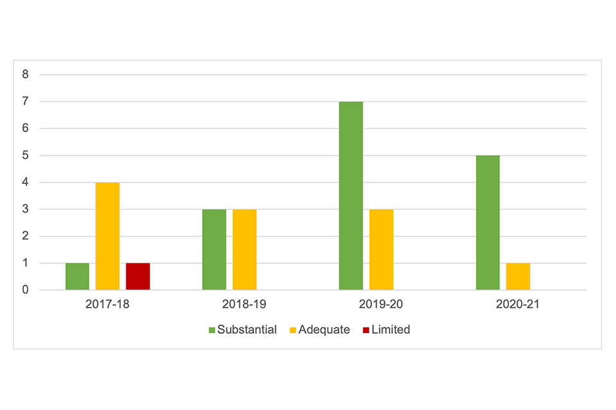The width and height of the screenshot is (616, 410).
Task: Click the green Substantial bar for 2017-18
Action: [77, 277]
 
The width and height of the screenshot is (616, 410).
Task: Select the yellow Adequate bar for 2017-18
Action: [108, 236]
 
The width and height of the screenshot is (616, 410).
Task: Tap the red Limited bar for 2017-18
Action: [138, 277]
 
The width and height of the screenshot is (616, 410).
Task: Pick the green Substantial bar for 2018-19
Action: [214, 250]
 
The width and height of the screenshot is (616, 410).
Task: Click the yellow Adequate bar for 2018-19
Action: [244, 250]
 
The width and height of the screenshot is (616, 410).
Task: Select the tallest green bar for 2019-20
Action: [351, 196]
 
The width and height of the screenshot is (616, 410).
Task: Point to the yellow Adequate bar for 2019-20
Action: [381, 250]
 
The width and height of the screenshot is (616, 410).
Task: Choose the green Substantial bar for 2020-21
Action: [488, 223]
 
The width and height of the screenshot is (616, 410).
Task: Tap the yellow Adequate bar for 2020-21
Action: [518, 277]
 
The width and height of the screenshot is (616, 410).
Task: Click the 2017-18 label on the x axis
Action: [107, 304]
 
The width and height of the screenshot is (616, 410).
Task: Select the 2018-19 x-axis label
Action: [244, 304]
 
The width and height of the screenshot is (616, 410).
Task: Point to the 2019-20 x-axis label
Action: [381, 304]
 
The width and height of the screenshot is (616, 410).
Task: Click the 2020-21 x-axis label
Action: [518, 304]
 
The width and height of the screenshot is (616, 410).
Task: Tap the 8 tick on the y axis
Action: [26, 74]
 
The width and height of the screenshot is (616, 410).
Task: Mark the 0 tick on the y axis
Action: [26, 290]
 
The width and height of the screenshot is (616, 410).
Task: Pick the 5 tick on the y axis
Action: [26, 155]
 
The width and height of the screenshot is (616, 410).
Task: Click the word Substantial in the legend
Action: [247, 330]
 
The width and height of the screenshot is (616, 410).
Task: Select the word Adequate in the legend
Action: [325, 330]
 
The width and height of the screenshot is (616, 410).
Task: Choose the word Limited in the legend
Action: [390, 330]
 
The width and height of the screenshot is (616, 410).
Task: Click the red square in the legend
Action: [366, 331]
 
